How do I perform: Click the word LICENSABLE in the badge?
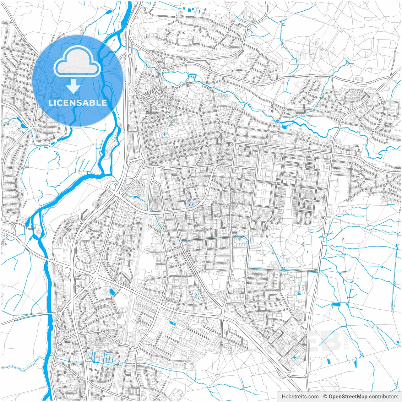[x=78, y=103]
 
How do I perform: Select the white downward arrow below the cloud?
[x=73, y=86]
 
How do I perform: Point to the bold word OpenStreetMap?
[x=348, y=397]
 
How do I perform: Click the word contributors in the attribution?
[x=383, y=397]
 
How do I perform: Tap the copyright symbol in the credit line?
[x=325, y=397]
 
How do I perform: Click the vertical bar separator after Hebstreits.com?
[x=321, y=397]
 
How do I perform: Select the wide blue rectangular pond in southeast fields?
[x=336, y=304]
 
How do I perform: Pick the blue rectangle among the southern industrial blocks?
[x=172, y=323]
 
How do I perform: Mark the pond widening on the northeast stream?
[x=284, y=126]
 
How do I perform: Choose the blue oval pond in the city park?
[x=164, y=134]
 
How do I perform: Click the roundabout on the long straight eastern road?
[x=325, y=218]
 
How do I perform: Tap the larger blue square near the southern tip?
[x=294, y=357]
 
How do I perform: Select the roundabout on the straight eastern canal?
[x=283, y=268]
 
